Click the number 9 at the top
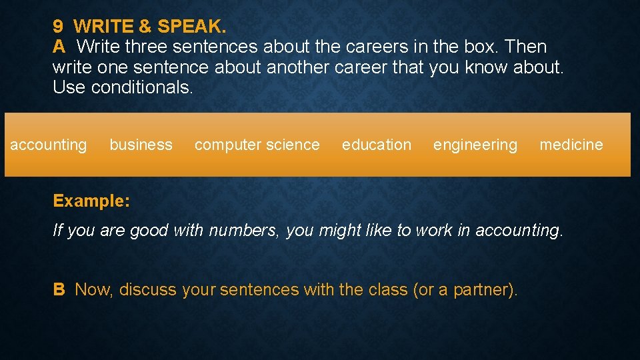click(x=58, y=27)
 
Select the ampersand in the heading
click(x=145, y=27)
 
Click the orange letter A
click(x=59, y=47)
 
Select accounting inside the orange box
click(x=49, y=145)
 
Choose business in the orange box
click(x=141, y=145)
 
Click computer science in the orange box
click(x=257, y=145)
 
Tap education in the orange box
click(x=377, y=145)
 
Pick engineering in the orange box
click(x=475, y=145)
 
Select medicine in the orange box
click(x=571, y=145)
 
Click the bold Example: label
click(x=91, y=201)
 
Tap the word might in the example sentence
click(x=339, y=231)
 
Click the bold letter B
click(x=59, y=289)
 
